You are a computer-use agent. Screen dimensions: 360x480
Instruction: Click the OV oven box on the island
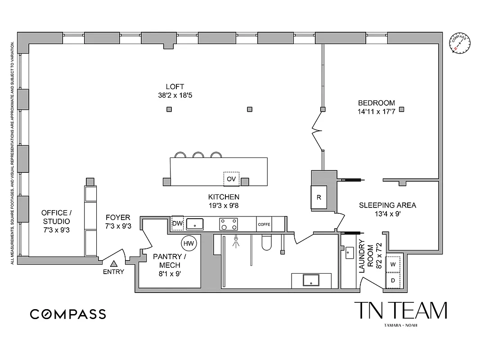coord(231,179)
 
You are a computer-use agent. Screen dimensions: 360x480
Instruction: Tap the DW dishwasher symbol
coord(177,223)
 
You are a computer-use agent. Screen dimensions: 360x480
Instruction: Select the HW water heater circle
coord(188,243)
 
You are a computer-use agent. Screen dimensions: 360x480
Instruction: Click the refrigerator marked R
coord(319,197)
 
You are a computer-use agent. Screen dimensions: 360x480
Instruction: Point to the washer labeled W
coord(393,264)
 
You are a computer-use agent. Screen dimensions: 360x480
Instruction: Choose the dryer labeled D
coord(393,280)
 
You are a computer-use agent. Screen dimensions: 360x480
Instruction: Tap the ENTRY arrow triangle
coord(113,264)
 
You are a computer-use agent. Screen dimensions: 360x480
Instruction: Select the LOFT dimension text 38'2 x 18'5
coord(175,95)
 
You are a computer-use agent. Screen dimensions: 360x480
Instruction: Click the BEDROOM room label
coord(376,103)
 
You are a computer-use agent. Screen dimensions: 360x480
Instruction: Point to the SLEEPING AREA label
coord(387,205)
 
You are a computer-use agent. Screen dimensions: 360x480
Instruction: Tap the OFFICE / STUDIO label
coord(56,217)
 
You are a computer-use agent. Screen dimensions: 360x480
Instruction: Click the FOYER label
coord(117,217)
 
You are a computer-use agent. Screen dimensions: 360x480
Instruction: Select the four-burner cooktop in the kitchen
coord(229,224)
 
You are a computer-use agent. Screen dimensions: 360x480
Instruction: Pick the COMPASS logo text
coord(68,314)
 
